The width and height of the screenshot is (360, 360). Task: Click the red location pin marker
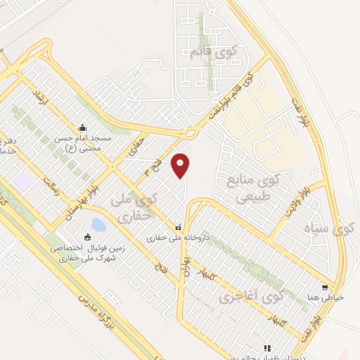point(181,165)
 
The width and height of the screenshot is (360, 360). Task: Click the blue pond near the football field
point(98,225)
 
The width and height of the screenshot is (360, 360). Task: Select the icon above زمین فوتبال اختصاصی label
point(88,238)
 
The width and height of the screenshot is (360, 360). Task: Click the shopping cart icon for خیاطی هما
point(324,287)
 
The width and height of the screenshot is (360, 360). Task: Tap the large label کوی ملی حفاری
point(132,209)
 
